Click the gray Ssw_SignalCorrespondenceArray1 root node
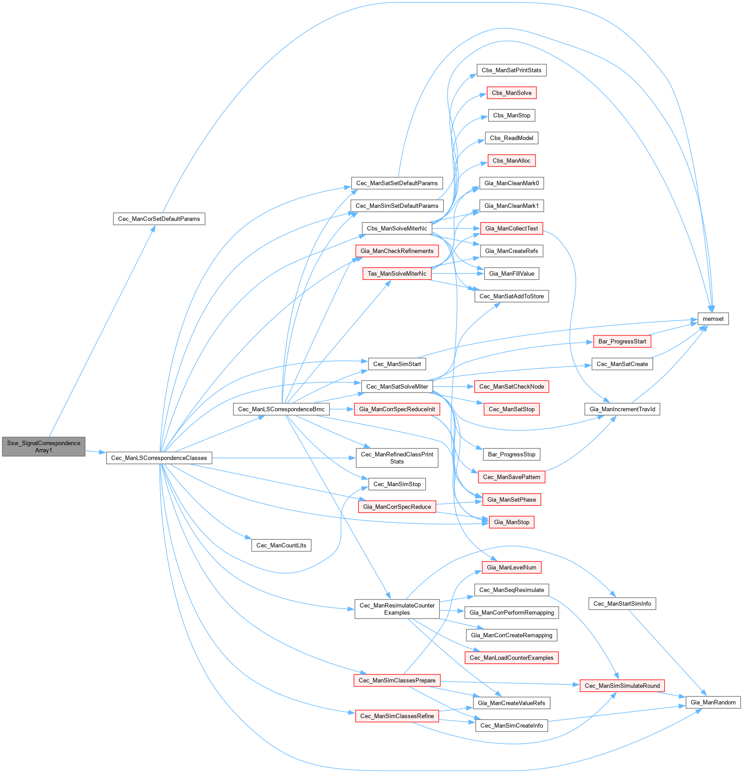(44, 446)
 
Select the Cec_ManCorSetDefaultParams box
(159, 219)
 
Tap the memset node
(713, 319)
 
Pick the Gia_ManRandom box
(713, 702)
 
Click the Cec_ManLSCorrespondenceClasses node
(159, 458)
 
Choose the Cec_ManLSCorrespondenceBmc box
(281, 409)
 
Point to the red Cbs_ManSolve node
(511, 93)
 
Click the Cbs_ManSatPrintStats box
(511, 70)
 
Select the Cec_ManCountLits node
(281, 546)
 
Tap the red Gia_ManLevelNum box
(511, 567)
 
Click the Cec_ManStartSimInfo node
(622, 604)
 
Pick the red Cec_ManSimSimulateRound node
(622, 686)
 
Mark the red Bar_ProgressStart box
(622, 341)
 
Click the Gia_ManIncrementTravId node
(622, 409)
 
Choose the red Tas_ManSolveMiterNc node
(397, 273)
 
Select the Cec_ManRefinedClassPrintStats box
(397, 458)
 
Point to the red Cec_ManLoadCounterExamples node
(511, 658)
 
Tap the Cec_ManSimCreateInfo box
(511, 726)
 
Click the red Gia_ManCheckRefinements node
(397, 251)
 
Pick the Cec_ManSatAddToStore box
(511, 296)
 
